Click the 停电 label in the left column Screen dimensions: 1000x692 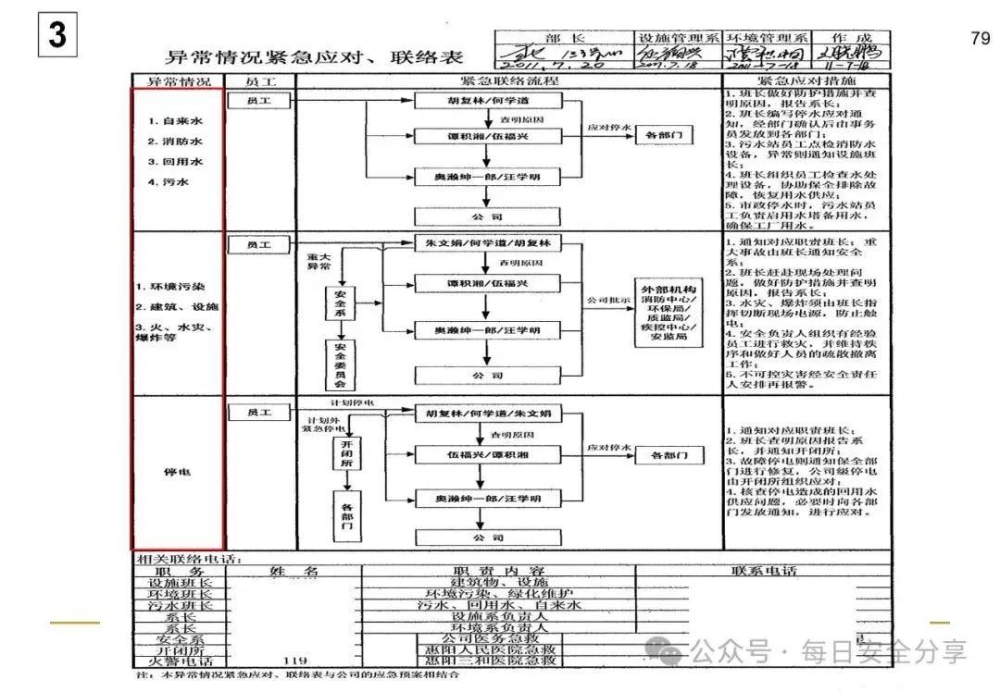tap(177, 472)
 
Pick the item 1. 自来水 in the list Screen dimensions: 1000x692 tap(175, 121)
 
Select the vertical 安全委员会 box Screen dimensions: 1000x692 tap(340, 365)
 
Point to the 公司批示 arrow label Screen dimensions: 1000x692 tap(607, 301)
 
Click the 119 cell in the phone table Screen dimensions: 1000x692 tap(294, 661)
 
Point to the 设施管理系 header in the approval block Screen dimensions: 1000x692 tap(679, 38)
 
